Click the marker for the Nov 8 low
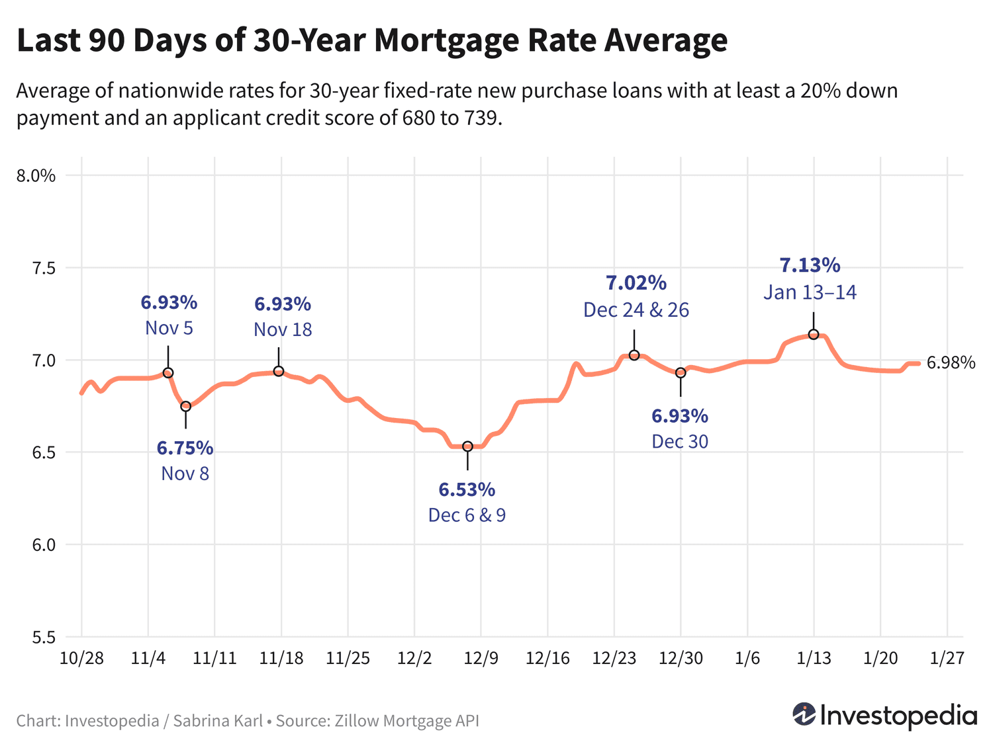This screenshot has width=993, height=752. coord(185,406)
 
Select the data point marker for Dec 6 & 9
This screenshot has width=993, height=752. coord(467,446)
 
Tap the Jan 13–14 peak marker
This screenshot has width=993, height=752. coord(814,334)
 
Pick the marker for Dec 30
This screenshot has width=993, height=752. coord(681,373)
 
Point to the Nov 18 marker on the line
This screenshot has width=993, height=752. coord(279,371)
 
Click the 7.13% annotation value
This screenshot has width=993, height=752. coord(810,266)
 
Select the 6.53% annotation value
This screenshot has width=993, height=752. coord(467,490)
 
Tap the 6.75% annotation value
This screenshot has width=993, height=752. coord(185,448)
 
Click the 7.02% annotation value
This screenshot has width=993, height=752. coord(636,283)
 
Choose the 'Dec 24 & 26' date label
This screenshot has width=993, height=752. coord(636,310)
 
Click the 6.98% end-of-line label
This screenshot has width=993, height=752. coord(951,362)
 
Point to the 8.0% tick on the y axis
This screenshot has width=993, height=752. coord(36,176)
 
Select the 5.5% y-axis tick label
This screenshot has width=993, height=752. coord(36,638)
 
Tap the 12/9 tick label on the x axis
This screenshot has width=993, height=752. coord(481,659)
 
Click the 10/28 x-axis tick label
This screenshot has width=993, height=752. coord(82,659)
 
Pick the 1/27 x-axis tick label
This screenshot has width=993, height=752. coord(947,659)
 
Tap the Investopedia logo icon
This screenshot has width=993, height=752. coord(804,714)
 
